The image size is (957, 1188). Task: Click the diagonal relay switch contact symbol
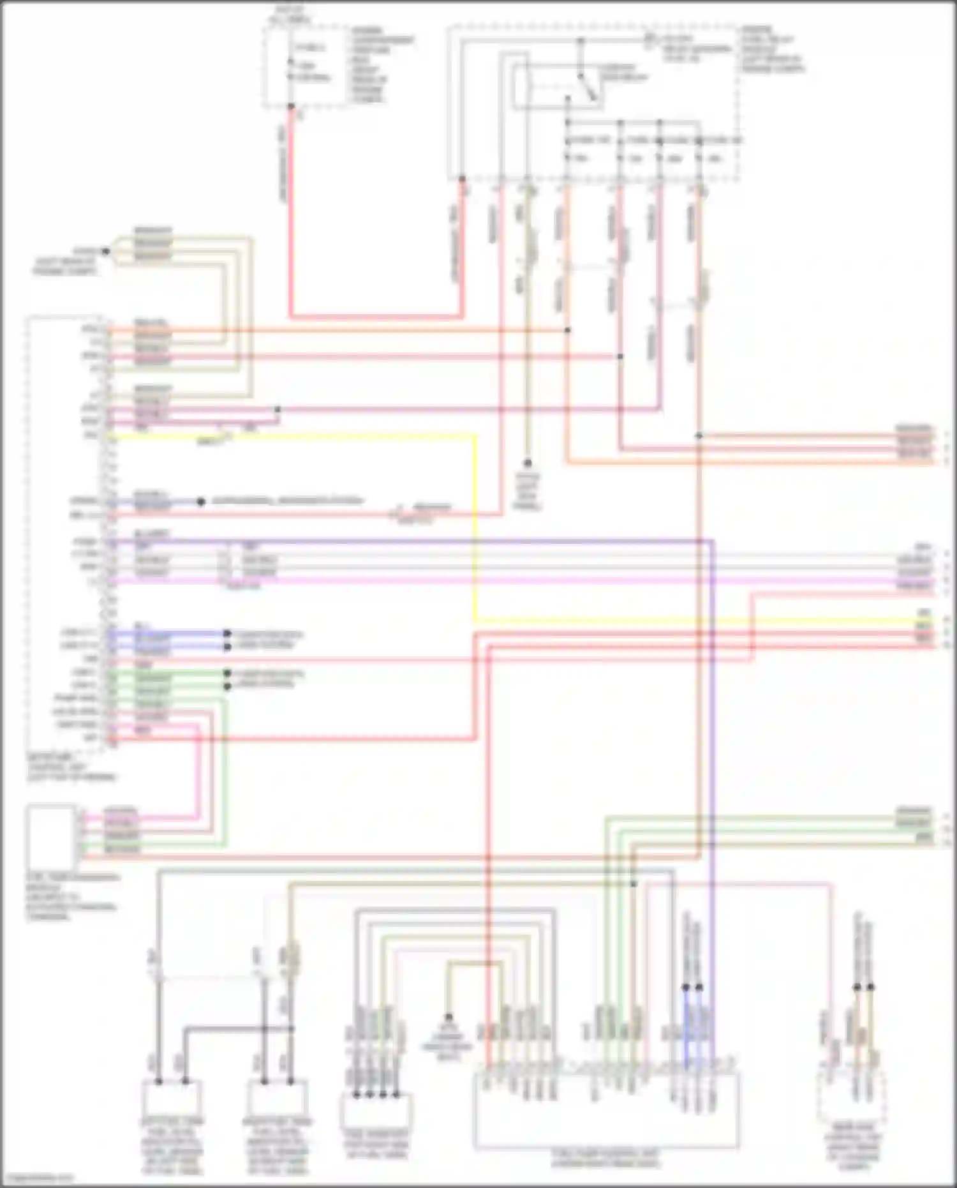[x=588, y=87]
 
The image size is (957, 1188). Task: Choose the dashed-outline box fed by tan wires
[x=851, y=1097]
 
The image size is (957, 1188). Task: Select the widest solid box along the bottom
[x=606, y=1110]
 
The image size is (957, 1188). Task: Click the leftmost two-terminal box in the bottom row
[x=172, y=1098]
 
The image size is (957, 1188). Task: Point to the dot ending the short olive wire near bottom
[x=449, y=1016]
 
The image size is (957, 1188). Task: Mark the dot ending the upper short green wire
[x=226, y=673]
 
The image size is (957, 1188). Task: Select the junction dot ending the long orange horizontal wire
[x=568, y=330]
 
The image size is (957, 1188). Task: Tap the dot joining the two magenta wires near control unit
[x=277, y=409]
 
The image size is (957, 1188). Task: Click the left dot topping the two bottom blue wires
[x=686, y=987]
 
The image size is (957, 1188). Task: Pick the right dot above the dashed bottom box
[x=871, y=987]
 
